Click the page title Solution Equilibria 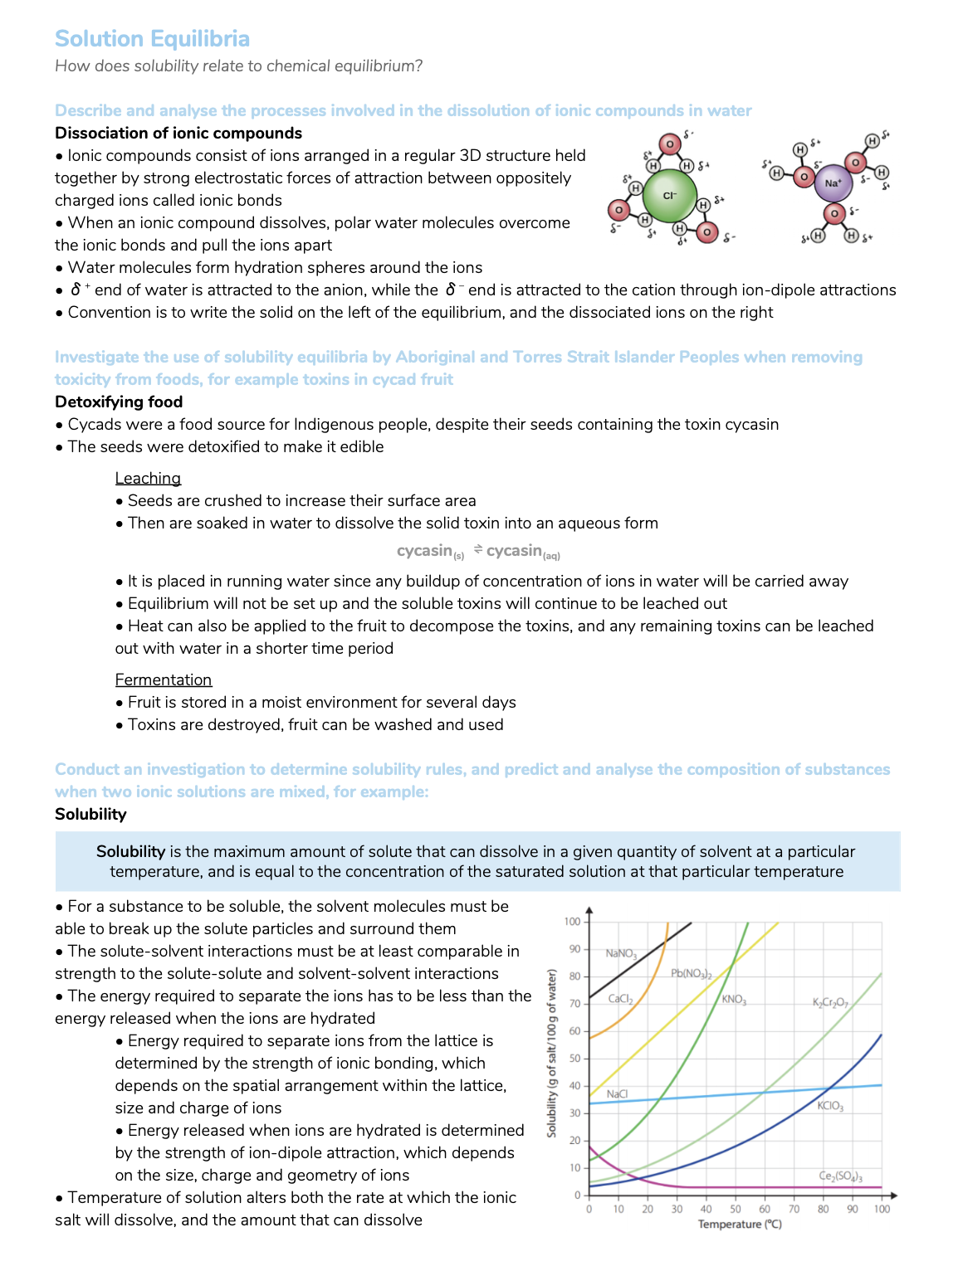pos(152,39)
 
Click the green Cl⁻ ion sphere pos(670,196)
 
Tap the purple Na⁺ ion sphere pos(833,183)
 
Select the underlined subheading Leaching pos(148,479)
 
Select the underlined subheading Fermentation pos(164,680)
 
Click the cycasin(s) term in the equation pos(430,552)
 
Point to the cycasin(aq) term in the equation pos(523,552)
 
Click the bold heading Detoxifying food pos(119,402)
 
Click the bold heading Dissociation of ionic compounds pos(178,134)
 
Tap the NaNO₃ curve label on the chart pos(621,954)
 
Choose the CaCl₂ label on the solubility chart pos(620,999)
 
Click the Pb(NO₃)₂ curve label pos(691,973)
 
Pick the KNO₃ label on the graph pos(734,1000)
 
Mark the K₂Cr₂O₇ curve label pos(830,1003)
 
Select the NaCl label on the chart pos(617,1094)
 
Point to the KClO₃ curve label pos(830,1106)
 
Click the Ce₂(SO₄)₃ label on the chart pos(840,1176)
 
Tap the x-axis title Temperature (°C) pos(740,1225)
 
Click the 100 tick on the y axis pos(572,922)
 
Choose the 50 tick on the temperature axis pos(736,1210)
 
